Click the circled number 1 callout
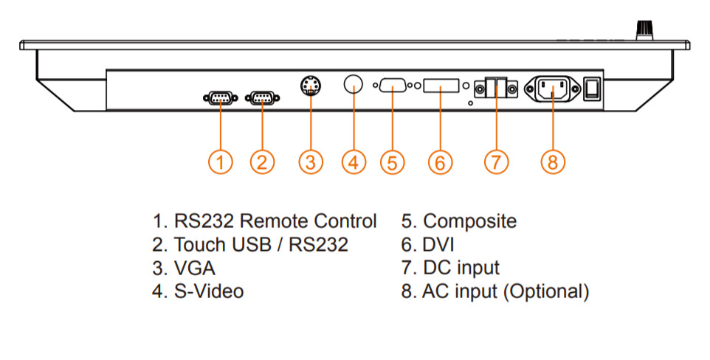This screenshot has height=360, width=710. click(x=221, y=162)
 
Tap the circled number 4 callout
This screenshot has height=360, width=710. click(x=354, y=162)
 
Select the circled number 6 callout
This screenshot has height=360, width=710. click(x=440, y=162)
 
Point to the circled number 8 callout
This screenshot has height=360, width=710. click(x=553, y=162)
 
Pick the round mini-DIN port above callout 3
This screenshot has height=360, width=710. click(x=311, y=86)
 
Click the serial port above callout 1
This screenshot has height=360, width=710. click(x=219, y=97)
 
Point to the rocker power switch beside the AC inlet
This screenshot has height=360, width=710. click(x=592, y=89)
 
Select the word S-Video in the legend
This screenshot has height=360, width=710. click(x=208, y=291)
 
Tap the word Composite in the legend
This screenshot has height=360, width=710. click(x=470, y=221)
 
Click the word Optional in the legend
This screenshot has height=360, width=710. click(x=547, y=291)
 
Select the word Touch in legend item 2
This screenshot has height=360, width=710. click(x=198, y=244)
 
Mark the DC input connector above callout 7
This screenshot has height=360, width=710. click(x=494, y=89)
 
